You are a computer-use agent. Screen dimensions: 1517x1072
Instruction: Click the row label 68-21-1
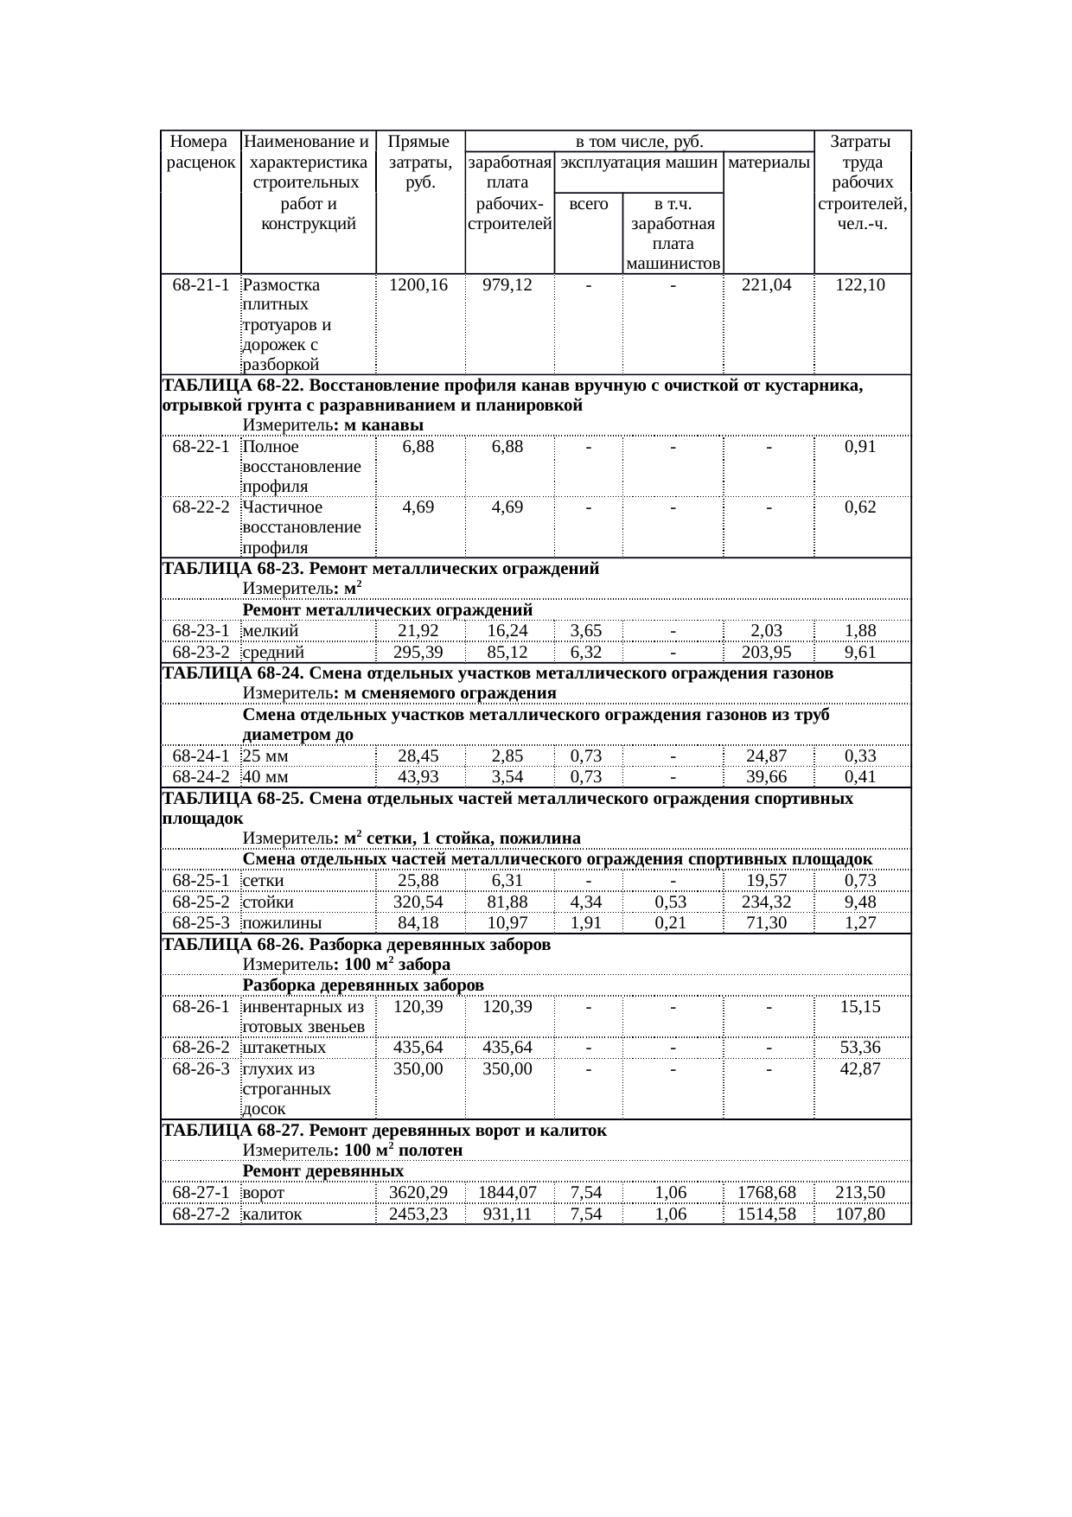pyautogui.click(x=201, y=284)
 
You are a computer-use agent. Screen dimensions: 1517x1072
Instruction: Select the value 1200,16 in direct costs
pyautogui.click(x=418, y=284)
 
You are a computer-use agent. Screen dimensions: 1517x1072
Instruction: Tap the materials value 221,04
pyautogui.click(x=768, y=284)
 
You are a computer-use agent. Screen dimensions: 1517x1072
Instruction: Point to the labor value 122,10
pyautogui.click(x=860, y=284)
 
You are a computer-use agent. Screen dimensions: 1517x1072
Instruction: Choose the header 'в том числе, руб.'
pyautogui.click(x=639, y=141)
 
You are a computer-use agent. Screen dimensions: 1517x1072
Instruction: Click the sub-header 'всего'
pyautogui.click(x=588, y=204)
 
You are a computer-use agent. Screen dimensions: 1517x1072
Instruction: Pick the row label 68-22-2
pyautogui.click(x=201, y=507)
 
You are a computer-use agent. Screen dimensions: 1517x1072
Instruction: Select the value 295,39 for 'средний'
pyautogui.click(x=418, y=653)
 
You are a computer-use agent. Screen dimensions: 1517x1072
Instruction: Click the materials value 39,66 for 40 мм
pyautogui.click(x=768, y=777)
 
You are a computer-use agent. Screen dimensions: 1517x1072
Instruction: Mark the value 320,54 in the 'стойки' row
pyautogui.click(x=418, y=902)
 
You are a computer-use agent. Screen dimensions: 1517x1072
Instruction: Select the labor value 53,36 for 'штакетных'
pyautogui.click(x=860, y=1048)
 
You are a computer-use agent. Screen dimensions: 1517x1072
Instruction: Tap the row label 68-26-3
pyautogui.click(x=201, y=1069)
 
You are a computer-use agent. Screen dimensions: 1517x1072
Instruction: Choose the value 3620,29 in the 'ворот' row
pyautogui.click(x=418, y=1193)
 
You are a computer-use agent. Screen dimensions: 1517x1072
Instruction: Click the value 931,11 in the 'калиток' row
pyautogui.click(x=507, y=1214)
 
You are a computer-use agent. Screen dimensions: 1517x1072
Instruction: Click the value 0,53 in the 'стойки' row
pyautogui.click(x=672, y=902)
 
